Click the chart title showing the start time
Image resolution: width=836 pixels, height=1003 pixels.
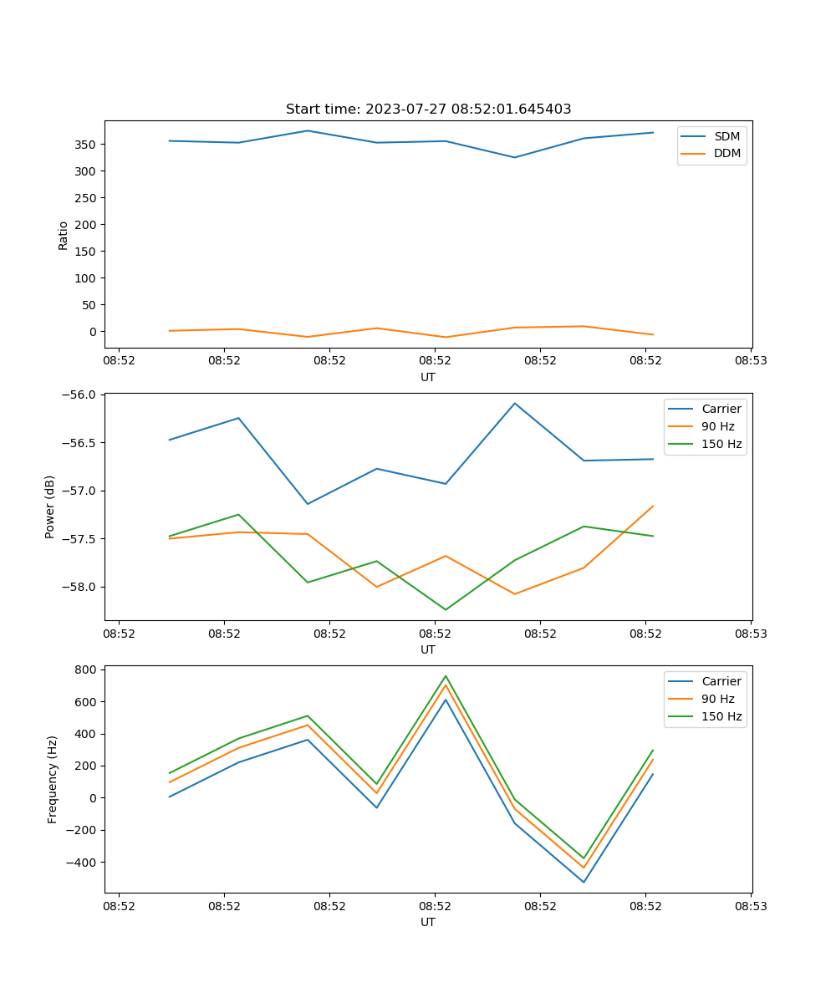428,109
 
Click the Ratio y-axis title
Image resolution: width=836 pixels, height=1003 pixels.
64,235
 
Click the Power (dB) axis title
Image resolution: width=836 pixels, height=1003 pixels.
50,507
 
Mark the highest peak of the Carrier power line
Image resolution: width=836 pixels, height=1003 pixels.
515,404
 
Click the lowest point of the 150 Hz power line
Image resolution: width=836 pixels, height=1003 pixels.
446,609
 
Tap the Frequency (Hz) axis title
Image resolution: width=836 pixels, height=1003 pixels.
52,779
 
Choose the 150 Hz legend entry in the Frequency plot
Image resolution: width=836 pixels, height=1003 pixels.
721,716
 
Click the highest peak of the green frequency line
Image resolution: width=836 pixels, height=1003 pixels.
446,676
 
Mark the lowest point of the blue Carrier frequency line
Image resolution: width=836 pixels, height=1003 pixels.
584,882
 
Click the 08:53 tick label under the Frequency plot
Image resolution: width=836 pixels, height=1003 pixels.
751,905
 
